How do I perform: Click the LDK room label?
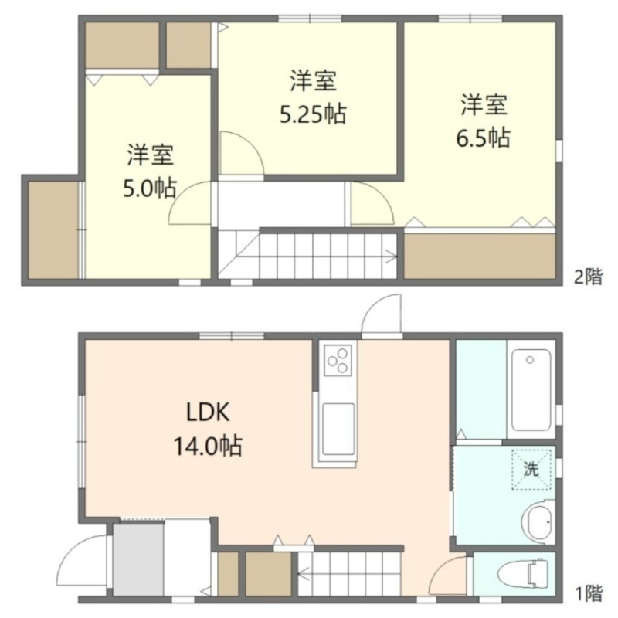click(x=208, y=413)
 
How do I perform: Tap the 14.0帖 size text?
click(x=208, y=446)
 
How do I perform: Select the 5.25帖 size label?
click(x=313, y=114)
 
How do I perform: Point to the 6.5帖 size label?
click(x=484, y=138)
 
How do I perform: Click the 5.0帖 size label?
click(x=150, y=188)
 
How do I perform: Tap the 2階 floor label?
click(x=589, y=277)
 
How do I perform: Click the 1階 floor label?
click(x=589, y=593)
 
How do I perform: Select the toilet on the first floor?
click(x=523, y=573)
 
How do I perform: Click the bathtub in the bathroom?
click(x=531, y=389)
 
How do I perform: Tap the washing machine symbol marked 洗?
click(x=531, y=470)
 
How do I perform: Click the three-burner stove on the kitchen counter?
click(x=338, y=360)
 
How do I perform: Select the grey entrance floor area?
click(x=138, y=559)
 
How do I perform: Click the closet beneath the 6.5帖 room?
click(x=480, y=256)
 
